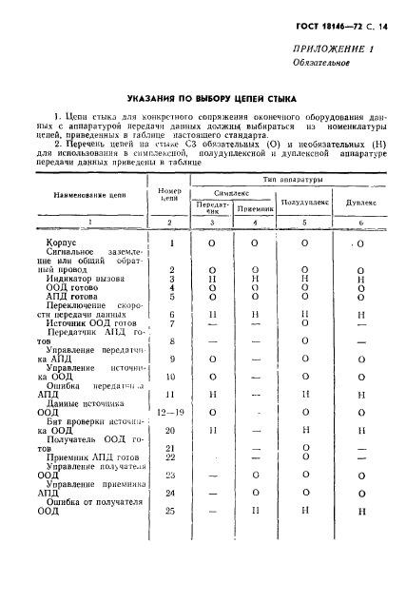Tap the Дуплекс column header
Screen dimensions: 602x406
pyautogui.click(x=361, y=203)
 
